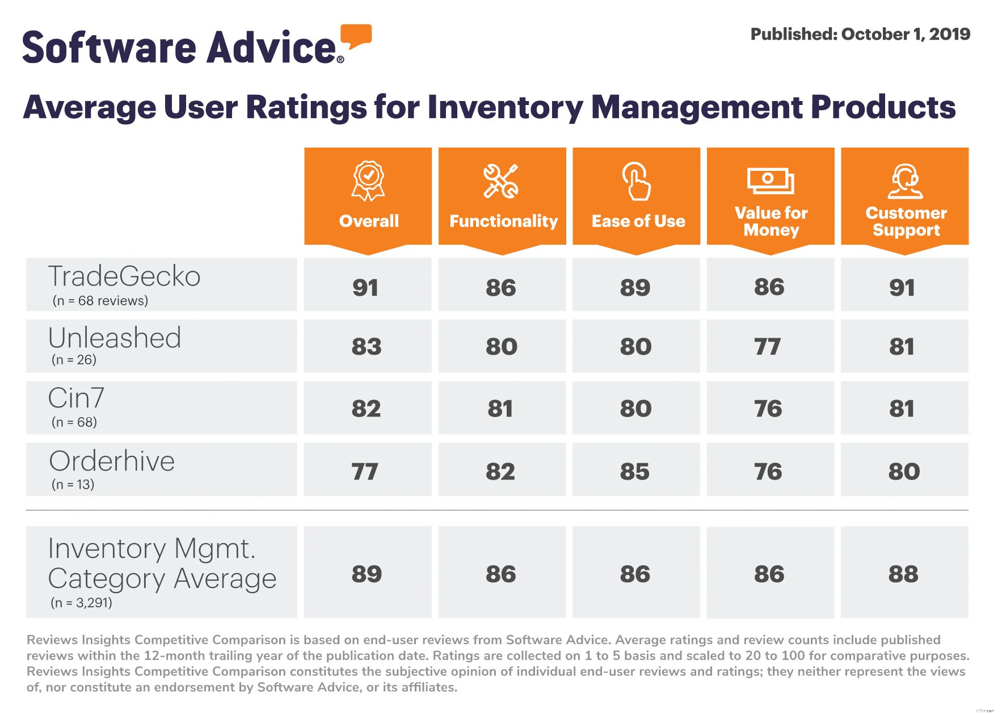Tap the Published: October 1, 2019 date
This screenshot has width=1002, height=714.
pyautogui.click(x=860, y=34)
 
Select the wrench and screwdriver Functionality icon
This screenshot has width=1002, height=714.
pyautogui.click(x=501, y=181)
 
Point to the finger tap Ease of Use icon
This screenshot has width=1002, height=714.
pyautogui.click(x=636, y=181)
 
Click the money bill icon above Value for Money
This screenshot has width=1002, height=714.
pyautogui.click(x=770, y=181)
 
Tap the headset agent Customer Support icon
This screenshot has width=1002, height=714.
pyautogui.click(x=905, y=181)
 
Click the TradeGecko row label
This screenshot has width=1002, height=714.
pyautogui.click(x=124, y=276)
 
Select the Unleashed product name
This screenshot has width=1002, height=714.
pyautogui.click(x=115, y=338)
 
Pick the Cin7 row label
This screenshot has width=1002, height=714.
pyautogui.click(x=76, y=398)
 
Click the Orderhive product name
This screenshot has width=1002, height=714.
pyautogui.click(x=112, y=461)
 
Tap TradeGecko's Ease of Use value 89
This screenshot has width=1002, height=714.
pyautogui.click(x=635, y=288)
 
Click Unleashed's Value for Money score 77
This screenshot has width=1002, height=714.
pyautogui.click(x=768, y=347)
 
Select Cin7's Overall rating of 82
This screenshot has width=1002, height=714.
pyautogui.click(x=366, y=409)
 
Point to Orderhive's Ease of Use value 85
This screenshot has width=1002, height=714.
pyautogui.click(x=635, y=472)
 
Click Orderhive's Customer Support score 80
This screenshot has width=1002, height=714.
pyautogui.click(x=904, y=472)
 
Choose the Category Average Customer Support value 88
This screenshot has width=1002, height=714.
pyautogui.click(x=903, y=574)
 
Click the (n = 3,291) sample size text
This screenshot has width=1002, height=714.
pyautogui.click(x=81, y=603)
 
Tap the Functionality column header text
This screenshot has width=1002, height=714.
pyautogui.click(x=503, y=221)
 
